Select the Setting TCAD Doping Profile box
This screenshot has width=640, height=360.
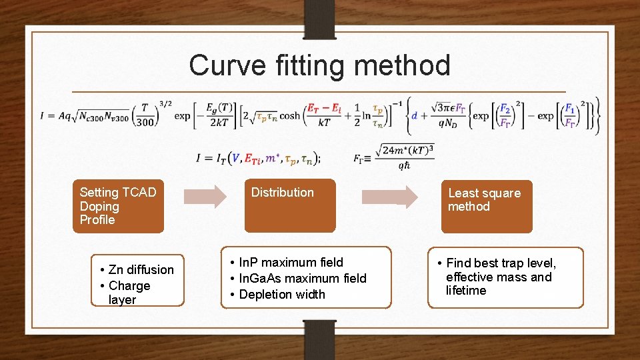pyautogui.click(x=118, y=206)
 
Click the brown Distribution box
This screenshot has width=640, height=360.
pyautogui.click(x=289, y=205)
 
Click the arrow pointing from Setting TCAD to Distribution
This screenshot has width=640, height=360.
pyautogui.click(x=205, y=197)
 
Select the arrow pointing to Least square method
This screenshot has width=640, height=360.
pyautogui.click(x=389, y=197)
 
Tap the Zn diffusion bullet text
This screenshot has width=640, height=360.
pyautogui.click(x=141, y=269)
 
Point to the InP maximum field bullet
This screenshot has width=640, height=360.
pyautogui.click(x=291, y=262)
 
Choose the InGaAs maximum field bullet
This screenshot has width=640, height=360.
pyautogui.click(x=303, y=278)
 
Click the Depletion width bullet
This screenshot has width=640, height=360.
pyautogui.click(x=282, y=294)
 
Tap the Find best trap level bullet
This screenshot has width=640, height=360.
pyautogui.click(x=501, y=263)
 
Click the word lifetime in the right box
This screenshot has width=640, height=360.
pyautogui.click(x=466, y=291)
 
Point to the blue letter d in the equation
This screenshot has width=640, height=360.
pyautogui.click(x=414, y=115)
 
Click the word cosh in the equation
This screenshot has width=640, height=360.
pyautogui.click(x=289, y=115)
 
